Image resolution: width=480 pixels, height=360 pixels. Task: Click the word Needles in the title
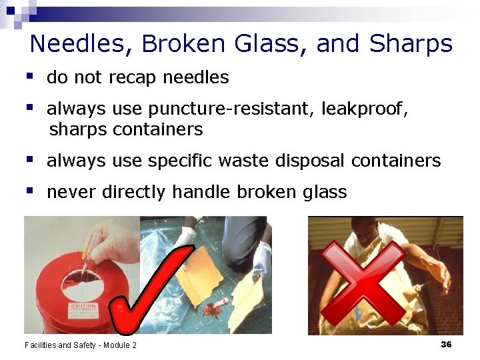(77, 44)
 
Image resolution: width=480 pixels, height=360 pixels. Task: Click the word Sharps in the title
(411, 44)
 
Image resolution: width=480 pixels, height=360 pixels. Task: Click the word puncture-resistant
(231, 109)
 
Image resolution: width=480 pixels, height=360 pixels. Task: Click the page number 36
(446, 344)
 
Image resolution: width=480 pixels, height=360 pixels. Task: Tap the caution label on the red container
(84, 310)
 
